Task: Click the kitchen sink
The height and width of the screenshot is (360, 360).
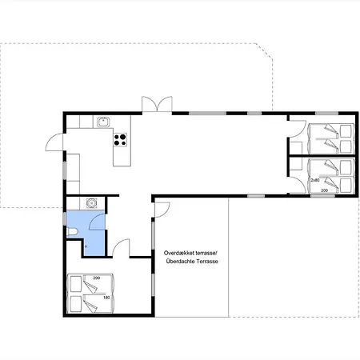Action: (x=103, y=122)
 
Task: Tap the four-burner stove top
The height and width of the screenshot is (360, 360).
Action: (x=120, y=140)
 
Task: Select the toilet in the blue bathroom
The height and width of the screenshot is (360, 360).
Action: (x=72, y=231)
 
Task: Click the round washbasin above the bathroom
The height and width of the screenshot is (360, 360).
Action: (x=92, y=203)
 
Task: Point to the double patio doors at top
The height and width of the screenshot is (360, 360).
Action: (x=157, y=104)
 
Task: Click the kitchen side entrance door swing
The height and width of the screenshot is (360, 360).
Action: (x=54, y=142)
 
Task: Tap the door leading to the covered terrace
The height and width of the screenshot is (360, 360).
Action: (x=162, y=210)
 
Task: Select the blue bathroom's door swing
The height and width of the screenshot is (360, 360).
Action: (x=97, y=222)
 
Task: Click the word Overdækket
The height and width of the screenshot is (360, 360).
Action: (x=179, y=253)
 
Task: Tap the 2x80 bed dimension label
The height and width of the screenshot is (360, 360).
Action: (x=315, y=180)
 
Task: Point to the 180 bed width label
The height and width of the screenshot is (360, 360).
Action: (x=106, y=298)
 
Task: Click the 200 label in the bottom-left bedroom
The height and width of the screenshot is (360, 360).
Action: (x=97, y=278)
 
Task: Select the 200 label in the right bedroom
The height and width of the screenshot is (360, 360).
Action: (x=324, y=190)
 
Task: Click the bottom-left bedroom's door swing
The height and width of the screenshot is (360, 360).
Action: (x=121, y=248)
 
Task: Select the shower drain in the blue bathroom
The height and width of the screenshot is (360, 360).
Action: (x=86, y=246)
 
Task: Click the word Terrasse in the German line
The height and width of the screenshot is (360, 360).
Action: (x=208, y=262)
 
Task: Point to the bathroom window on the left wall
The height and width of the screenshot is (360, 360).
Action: (x=65, y=218)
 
